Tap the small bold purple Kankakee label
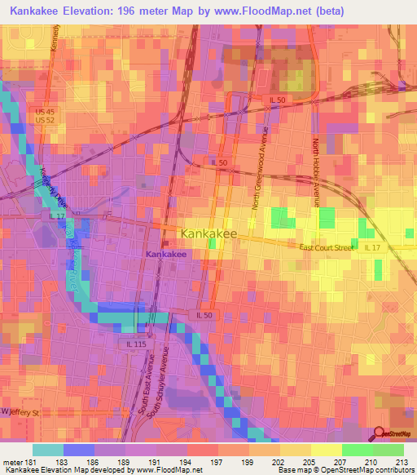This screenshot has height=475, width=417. (166, 255)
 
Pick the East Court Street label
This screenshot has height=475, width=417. (326, 246)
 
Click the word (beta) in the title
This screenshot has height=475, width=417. (323, 11)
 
